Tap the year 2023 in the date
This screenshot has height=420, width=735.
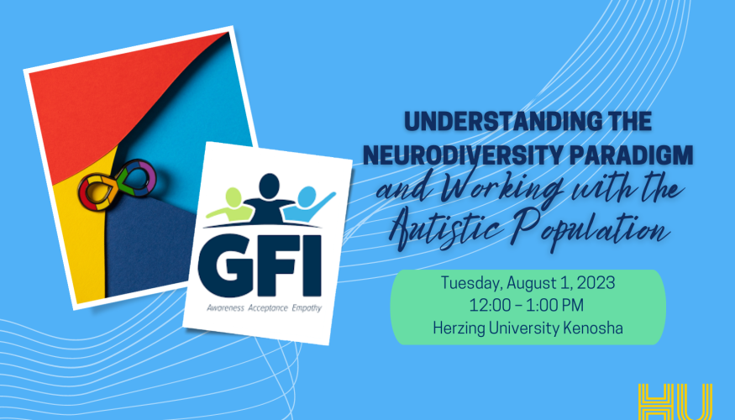coord(595,282)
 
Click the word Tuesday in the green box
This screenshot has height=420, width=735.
coord(471,284)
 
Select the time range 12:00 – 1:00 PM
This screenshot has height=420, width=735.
coord(527,305)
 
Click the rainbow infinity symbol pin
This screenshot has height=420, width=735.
coord(118,184)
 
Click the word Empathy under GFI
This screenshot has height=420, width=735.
coord(307,308)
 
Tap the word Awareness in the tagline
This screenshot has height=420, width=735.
coord(225,308)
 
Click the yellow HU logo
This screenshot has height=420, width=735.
coord(675,402)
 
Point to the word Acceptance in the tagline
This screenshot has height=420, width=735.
coord(268,308)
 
